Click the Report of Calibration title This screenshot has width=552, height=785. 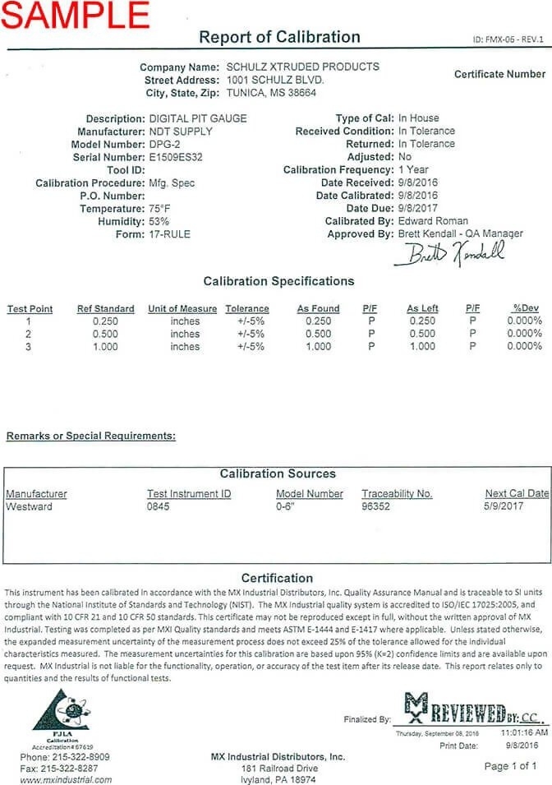[280, 37]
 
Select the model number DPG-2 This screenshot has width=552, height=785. [168, 144]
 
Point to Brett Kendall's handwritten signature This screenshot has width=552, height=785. [448, 254]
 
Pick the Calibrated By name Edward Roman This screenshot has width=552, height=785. [433, 221]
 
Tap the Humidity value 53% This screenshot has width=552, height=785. [159, 222]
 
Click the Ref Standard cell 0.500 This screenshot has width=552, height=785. [105, 334]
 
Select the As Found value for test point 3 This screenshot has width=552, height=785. [318, 347]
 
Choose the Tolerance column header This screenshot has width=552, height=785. [247, 308]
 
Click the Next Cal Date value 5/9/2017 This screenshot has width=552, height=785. [508, 506]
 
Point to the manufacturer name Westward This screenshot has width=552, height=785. [29, 506]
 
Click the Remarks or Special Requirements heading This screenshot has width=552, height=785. [90, 436]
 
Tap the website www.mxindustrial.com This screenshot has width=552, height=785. [65, 779]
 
